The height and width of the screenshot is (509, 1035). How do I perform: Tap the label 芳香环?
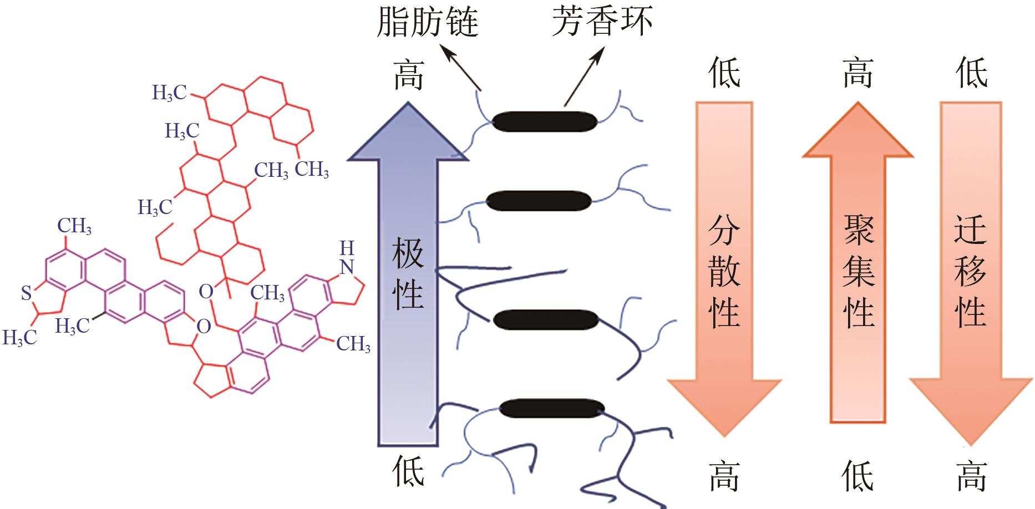click(602, 22)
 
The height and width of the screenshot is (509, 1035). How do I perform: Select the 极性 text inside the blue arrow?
click(408, 274)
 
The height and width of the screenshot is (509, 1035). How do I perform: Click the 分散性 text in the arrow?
click(724, 272)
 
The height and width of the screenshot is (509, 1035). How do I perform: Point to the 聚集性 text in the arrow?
click(858, 272)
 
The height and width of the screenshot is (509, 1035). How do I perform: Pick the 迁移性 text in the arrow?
click(971, 272)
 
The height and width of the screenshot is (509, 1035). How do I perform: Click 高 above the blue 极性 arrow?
click(409, 75)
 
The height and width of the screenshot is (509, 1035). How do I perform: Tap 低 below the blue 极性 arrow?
click(409, 472)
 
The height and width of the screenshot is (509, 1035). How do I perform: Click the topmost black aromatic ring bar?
click(545, 121)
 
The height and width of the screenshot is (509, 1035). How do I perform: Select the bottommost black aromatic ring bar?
click(551, 408)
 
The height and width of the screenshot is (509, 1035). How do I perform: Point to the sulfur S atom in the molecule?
click(26, 293)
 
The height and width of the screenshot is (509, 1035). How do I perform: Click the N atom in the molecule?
click(347, 267)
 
